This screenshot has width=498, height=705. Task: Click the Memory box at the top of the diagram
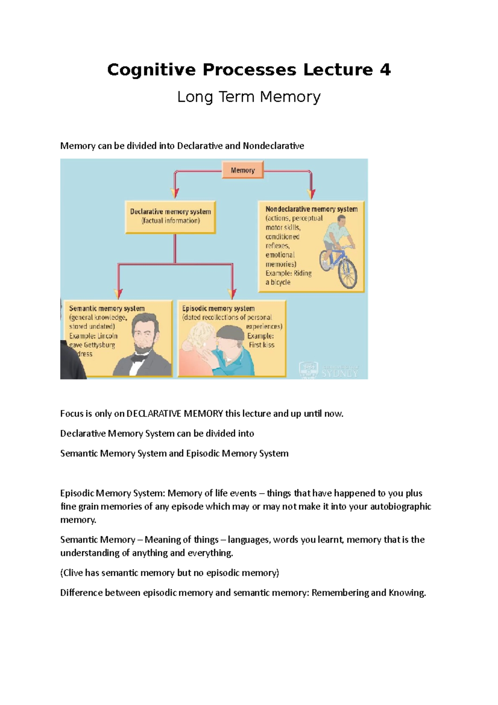(243, 170)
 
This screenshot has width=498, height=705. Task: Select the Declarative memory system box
(171, 217)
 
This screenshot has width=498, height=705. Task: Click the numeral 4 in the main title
(385, 69)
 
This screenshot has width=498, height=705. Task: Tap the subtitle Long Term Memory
(249, 97)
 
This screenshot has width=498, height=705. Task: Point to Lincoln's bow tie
(138, 358)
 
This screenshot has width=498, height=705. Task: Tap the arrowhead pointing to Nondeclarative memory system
(311, 194)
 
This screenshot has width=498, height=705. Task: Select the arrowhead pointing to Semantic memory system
(118, 294)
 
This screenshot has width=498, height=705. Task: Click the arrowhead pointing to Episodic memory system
(232, 294)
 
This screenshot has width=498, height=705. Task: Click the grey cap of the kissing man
(231, 332)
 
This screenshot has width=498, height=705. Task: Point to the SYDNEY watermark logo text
(339, 373)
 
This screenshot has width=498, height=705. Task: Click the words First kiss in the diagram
(261, 345)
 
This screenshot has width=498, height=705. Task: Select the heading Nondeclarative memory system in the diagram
(311, 209)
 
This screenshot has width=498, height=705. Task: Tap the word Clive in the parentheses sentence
(73, 573)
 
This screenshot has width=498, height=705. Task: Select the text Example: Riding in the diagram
(288, 273)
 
